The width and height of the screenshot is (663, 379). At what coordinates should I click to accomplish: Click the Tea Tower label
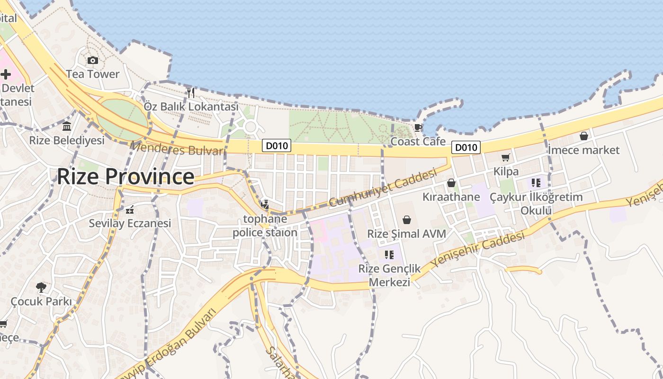(x=93, y=74)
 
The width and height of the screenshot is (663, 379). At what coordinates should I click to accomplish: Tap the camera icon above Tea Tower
(x=93, y=60)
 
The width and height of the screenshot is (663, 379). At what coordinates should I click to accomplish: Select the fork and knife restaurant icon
(x=191, y=92)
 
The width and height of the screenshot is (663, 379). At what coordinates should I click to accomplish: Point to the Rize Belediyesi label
(x=67, y=141)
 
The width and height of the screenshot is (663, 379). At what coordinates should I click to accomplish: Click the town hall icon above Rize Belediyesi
(x=67, y=126)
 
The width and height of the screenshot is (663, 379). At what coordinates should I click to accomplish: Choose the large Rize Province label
(x=125, y=177)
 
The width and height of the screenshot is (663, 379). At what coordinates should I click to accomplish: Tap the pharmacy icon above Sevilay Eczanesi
(x=130, y=209)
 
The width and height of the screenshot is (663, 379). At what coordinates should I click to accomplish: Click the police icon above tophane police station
(x=265, y=205)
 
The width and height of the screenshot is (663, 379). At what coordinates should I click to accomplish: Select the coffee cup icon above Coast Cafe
(x=418, y=127)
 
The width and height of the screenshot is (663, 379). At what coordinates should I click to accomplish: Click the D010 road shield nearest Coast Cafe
(x=466, y=147)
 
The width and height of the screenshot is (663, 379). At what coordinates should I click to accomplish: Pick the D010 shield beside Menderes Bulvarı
(x=277, y=146)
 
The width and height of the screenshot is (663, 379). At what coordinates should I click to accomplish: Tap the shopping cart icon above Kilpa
(x=506, y=157)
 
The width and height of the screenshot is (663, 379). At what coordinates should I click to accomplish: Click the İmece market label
(x=583, y=150)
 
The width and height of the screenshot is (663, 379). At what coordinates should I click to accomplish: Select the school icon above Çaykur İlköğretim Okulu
(x=536, y=183)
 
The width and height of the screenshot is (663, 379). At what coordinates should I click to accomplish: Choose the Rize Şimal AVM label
(x=407, y=234)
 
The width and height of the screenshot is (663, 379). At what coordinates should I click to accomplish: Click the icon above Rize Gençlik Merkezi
(x=389, y=255)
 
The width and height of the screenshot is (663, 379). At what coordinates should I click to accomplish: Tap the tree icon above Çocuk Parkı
(x=41, y=287)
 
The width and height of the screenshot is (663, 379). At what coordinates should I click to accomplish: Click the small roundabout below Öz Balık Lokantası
(x=250, y=126)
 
